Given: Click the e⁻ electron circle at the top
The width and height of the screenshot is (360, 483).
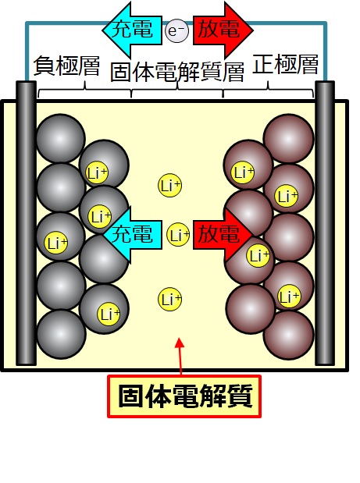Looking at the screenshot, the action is pos(176,30).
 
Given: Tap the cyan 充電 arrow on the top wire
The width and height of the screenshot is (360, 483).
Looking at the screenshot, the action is pos(132,30).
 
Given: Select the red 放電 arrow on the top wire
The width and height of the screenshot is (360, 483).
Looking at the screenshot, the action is pos(223,30).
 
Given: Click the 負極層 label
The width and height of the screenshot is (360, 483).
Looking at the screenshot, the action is pos(66,66).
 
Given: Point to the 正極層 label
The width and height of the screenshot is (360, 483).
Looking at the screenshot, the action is pos(285,64).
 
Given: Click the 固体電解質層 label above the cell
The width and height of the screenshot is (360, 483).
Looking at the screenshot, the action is pos(177,73).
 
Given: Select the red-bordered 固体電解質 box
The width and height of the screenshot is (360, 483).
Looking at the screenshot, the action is pos(184,396).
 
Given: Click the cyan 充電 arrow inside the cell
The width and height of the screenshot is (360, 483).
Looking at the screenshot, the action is pos(133,235).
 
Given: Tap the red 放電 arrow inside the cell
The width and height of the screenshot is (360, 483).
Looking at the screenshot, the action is pos(223,235).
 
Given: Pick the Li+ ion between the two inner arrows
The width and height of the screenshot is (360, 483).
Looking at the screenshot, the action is pos(178,235).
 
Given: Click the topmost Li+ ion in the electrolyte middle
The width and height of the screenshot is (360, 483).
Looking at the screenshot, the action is pos(169,186).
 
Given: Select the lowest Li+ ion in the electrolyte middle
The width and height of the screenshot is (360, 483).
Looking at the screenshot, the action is pos(169,299).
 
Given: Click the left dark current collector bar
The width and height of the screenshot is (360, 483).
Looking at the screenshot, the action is pos(27,223).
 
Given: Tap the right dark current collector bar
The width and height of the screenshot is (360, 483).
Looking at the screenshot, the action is pos(325,223).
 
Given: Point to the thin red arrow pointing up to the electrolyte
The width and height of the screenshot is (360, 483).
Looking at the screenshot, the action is pos(180,357).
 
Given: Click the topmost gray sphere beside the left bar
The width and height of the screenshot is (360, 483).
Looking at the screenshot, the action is pos(61,138).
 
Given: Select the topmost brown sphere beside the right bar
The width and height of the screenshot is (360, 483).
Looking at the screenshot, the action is pos(288,138).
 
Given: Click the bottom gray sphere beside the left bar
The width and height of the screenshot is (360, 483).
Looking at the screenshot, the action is pos(61,334).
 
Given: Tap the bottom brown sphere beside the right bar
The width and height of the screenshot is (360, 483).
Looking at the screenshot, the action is pos(289,336).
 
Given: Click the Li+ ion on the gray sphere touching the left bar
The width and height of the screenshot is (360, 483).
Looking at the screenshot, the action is pos(55,243).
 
